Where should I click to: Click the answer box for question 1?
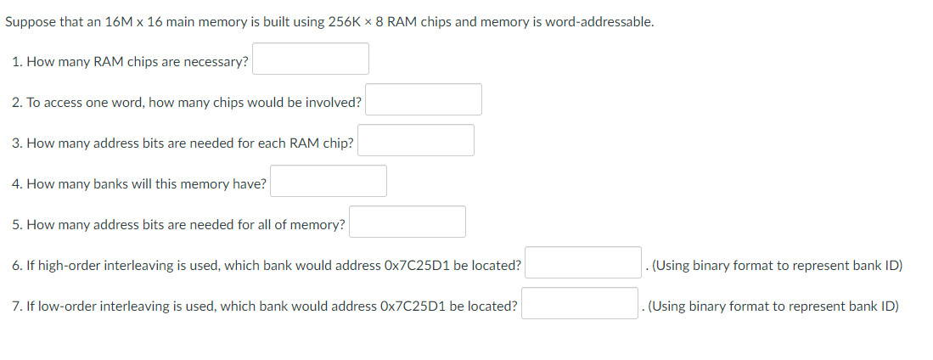pyautogui.click(x=311, y=59)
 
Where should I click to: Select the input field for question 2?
pyautogui.click(x=424, y=99)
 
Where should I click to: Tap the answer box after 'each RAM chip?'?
pyautogui.click(x=416, y=140)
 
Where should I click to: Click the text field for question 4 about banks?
pyautogui.click(x=329, y=181)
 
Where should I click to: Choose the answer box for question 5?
pyautogui.click(x=407, y=222)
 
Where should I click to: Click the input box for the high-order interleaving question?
pyautogui.click(x=582, y=262)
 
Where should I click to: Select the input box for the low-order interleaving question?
pyautogui.click(x=580, y=303)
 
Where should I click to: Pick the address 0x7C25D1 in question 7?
pyautogui.click(x=415, y=307)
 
